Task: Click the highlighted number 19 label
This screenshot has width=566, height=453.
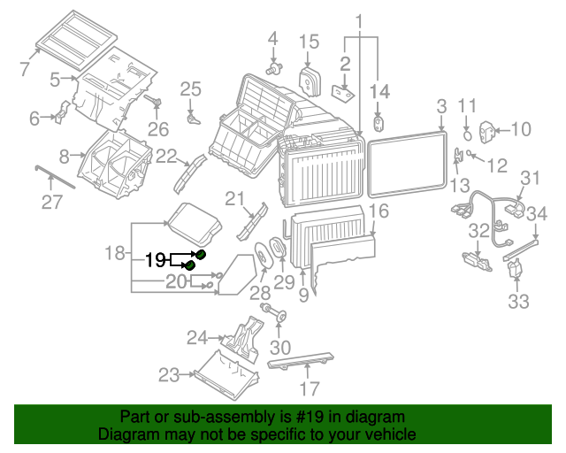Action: (155, 260)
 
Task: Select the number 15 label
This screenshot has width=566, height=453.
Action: (309, 41)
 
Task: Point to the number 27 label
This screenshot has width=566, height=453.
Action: (52, 203)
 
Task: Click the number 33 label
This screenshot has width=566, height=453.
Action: (518, 301)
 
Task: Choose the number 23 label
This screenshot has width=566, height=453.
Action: (169, 374)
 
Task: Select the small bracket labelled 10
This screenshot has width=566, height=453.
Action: (486, 131)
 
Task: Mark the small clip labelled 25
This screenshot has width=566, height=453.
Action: (191, 116)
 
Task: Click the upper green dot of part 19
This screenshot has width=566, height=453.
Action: (201, 255)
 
